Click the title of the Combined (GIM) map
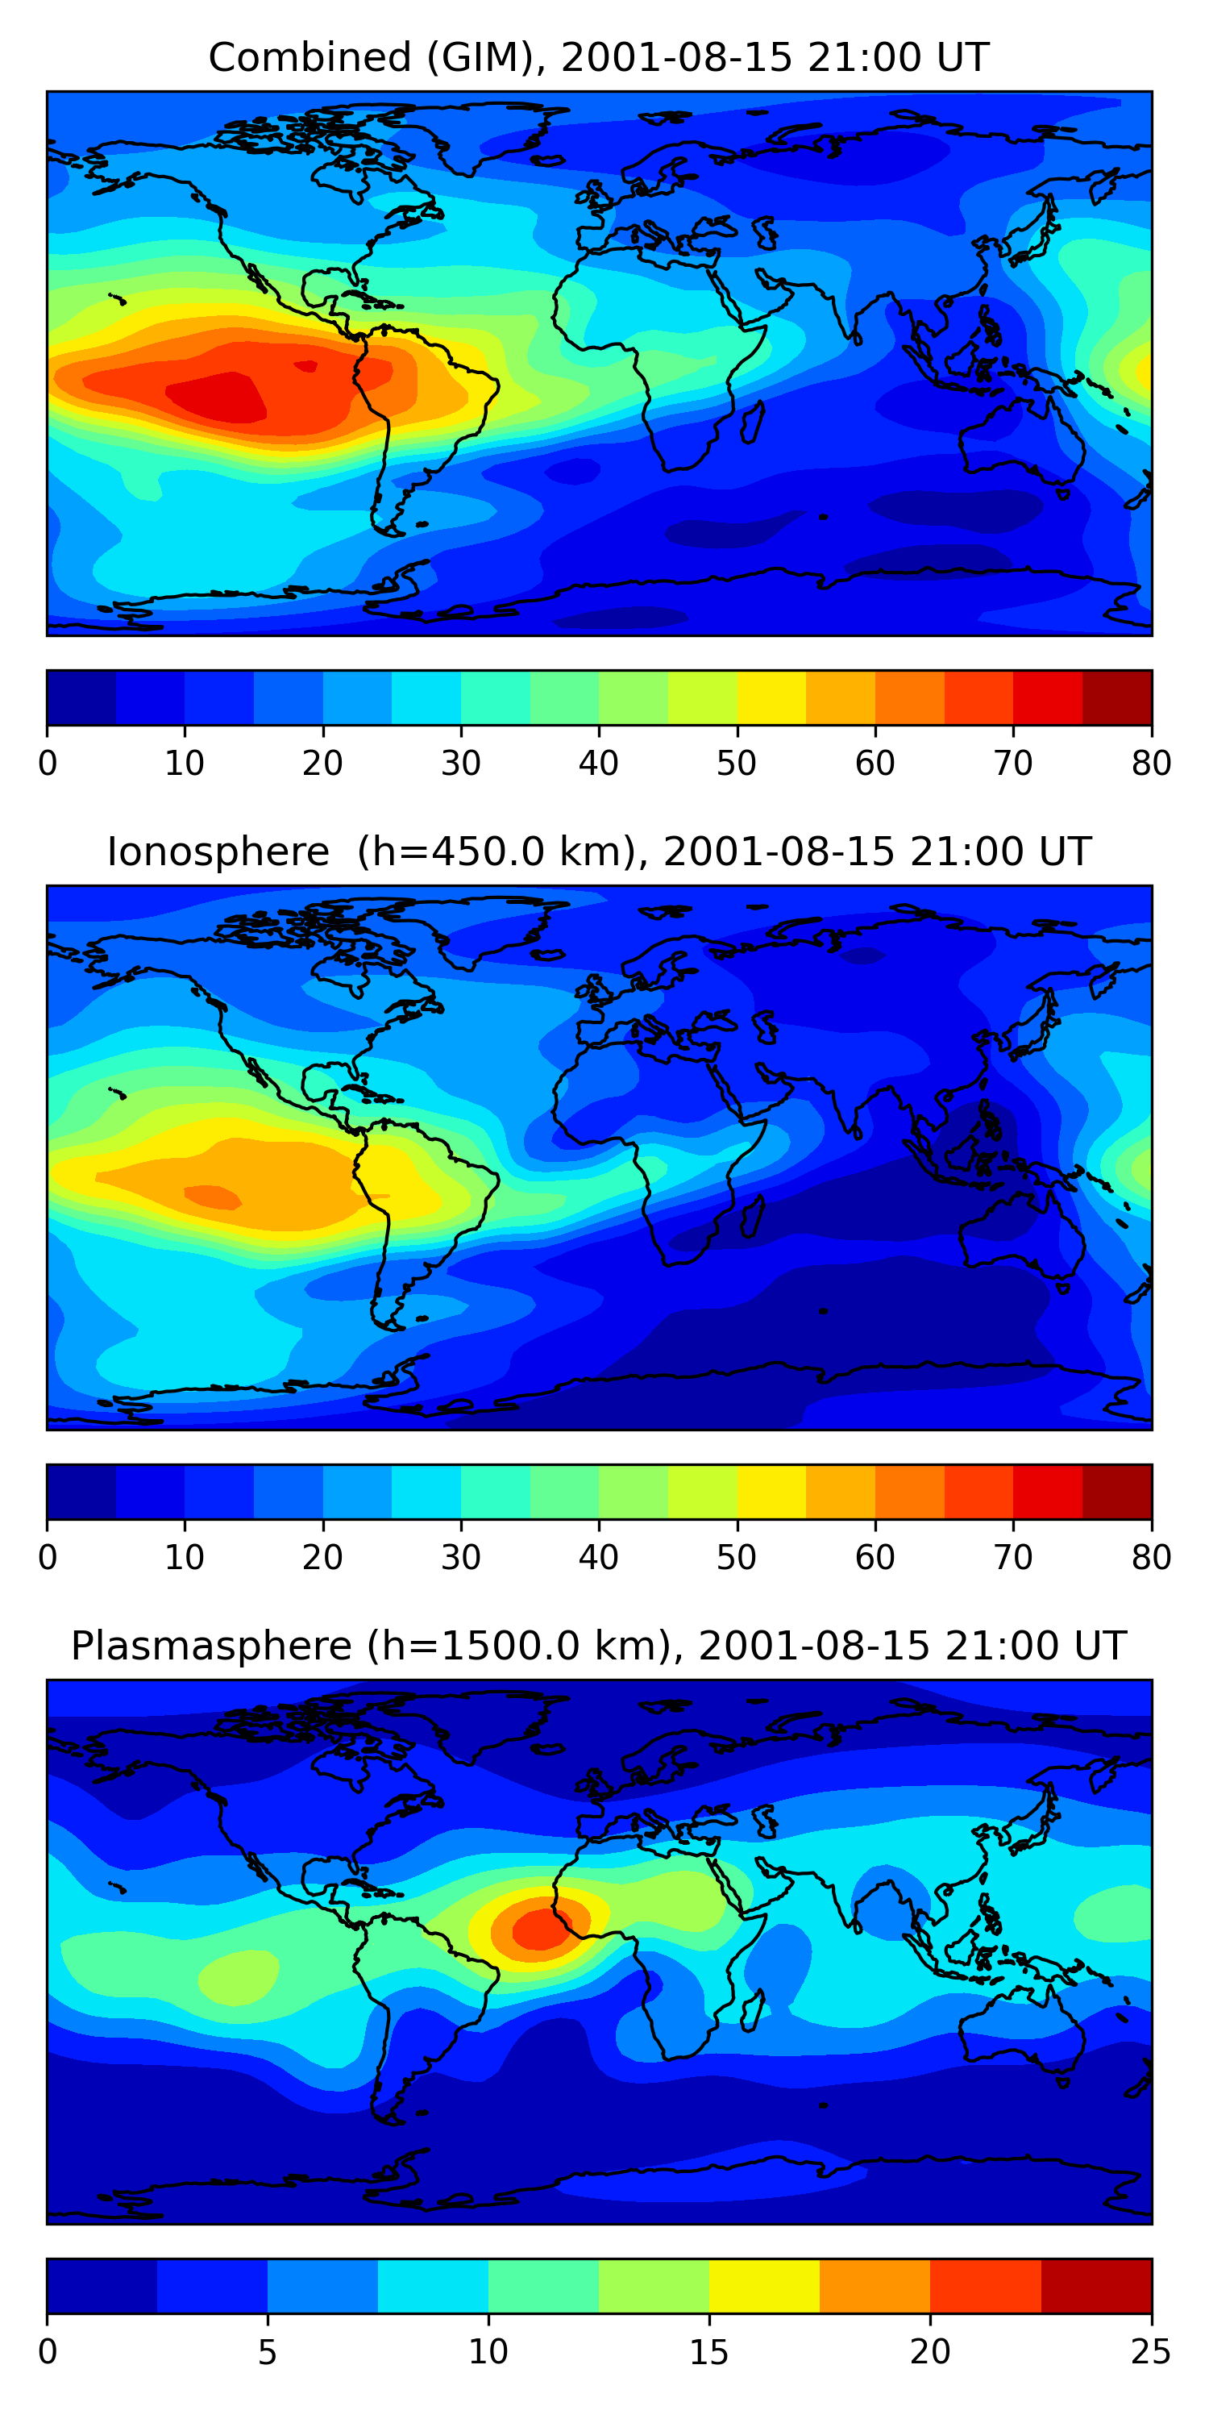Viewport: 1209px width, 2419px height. [x=599, y=57]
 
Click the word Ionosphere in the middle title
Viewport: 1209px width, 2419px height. [x=218, y=851]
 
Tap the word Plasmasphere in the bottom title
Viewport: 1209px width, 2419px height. [x=211, y=1647]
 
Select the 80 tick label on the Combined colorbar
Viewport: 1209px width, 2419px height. [x=1151, y=763]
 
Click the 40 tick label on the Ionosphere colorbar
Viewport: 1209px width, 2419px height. [x=599, y=1557]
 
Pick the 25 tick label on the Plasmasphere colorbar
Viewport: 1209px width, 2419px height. [x=1151, y=2352]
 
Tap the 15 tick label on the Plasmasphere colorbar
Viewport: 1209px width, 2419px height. [x=708, y=2352]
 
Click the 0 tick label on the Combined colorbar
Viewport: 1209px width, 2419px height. [x=48, y=763]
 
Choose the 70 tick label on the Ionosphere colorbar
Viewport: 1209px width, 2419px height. [x=1013, y=1557]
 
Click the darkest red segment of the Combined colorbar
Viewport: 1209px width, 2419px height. [x=1117, y=697]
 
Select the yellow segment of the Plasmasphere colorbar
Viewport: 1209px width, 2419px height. [x=764, y=2287]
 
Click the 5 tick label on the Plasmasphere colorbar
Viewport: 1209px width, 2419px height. [x=268, y=2352]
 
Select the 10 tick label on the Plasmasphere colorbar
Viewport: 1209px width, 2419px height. [x=488, y=2352]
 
